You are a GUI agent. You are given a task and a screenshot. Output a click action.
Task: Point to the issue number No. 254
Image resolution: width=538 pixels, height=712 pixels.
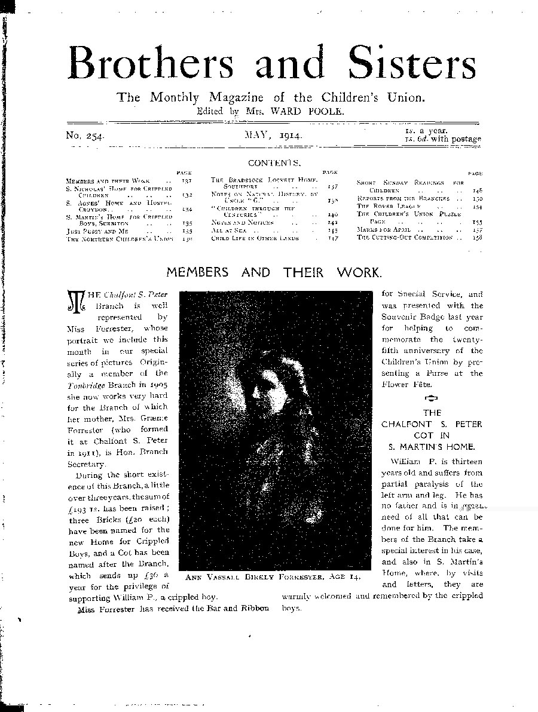click(85, 137)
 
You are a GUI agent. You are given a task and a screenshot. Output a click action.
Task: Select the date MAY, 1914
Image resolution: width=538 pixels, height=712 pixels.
click(273, 136)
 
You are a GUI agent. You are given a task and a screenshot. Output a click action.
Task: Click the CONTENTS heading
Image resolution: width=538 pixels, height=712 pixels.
click(274, 162)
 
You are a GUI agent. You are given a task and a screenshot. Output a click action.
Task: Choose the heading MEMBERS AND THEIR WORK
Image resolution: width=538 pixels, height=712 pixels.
click(273, 272)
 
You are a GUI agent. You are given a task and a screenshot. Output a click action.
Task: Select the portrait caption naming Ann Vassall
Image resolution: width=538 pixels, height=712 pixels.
click(272, 578)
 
